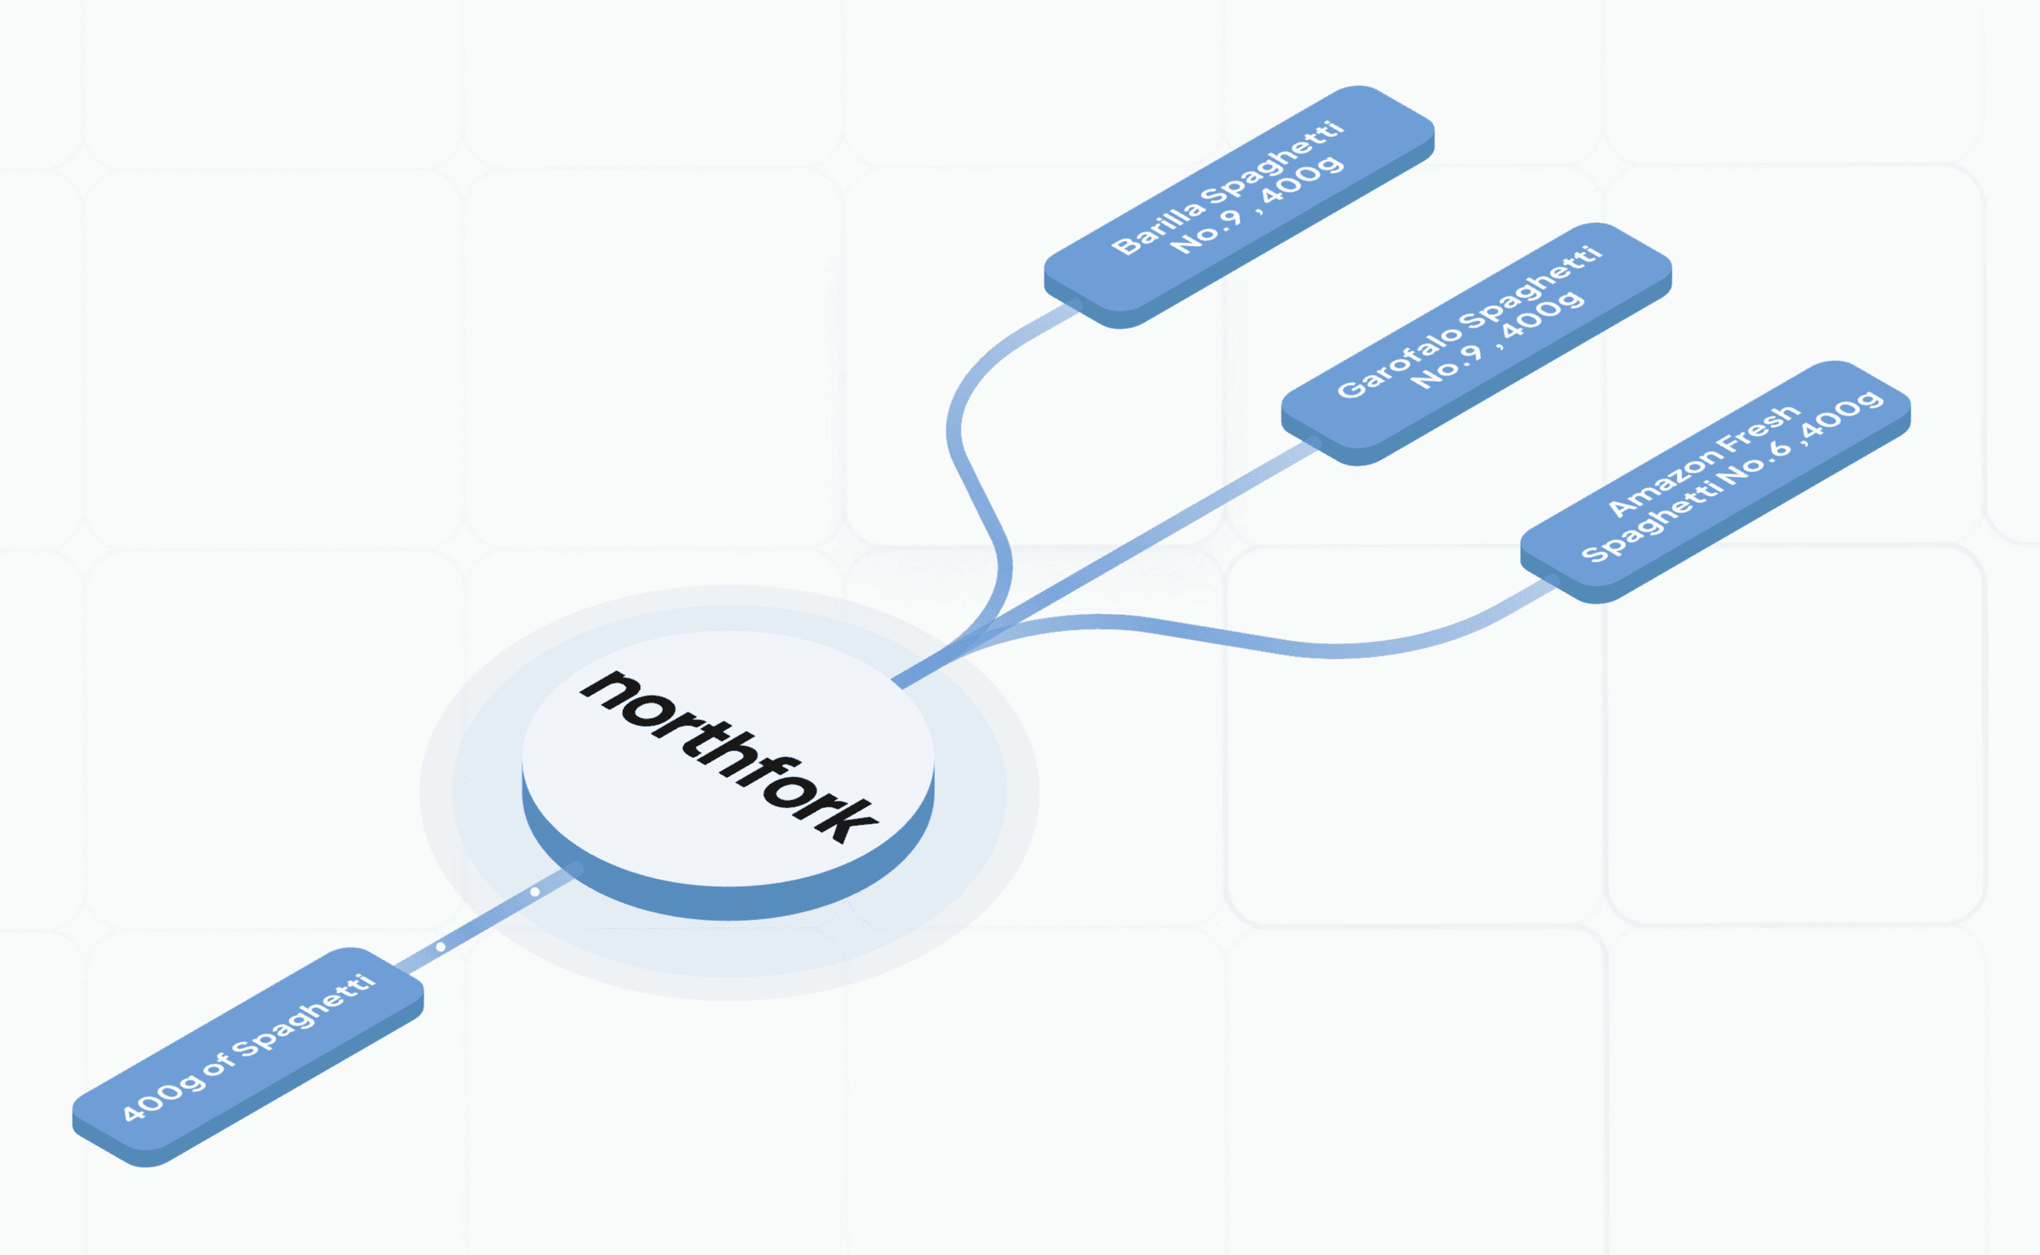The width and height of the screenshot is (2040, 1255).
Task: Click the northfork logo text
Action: (x=729, y=756)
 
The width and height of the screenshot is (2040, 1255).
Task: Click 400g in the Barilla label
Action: (x=1302, y=181)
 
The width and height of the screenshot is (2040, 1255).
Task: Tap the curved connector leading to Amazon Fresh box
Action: (x=1328, y=650)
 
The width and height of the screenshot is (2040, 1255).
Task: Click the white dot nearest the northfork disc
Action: (x=536, y=891)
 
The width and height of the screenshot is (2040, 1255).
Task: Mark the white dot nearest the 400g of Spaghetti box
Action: (x=441, y=946)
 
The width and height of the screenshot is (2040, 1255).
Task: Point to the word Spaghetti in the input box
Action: (x=304, y=1016)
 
